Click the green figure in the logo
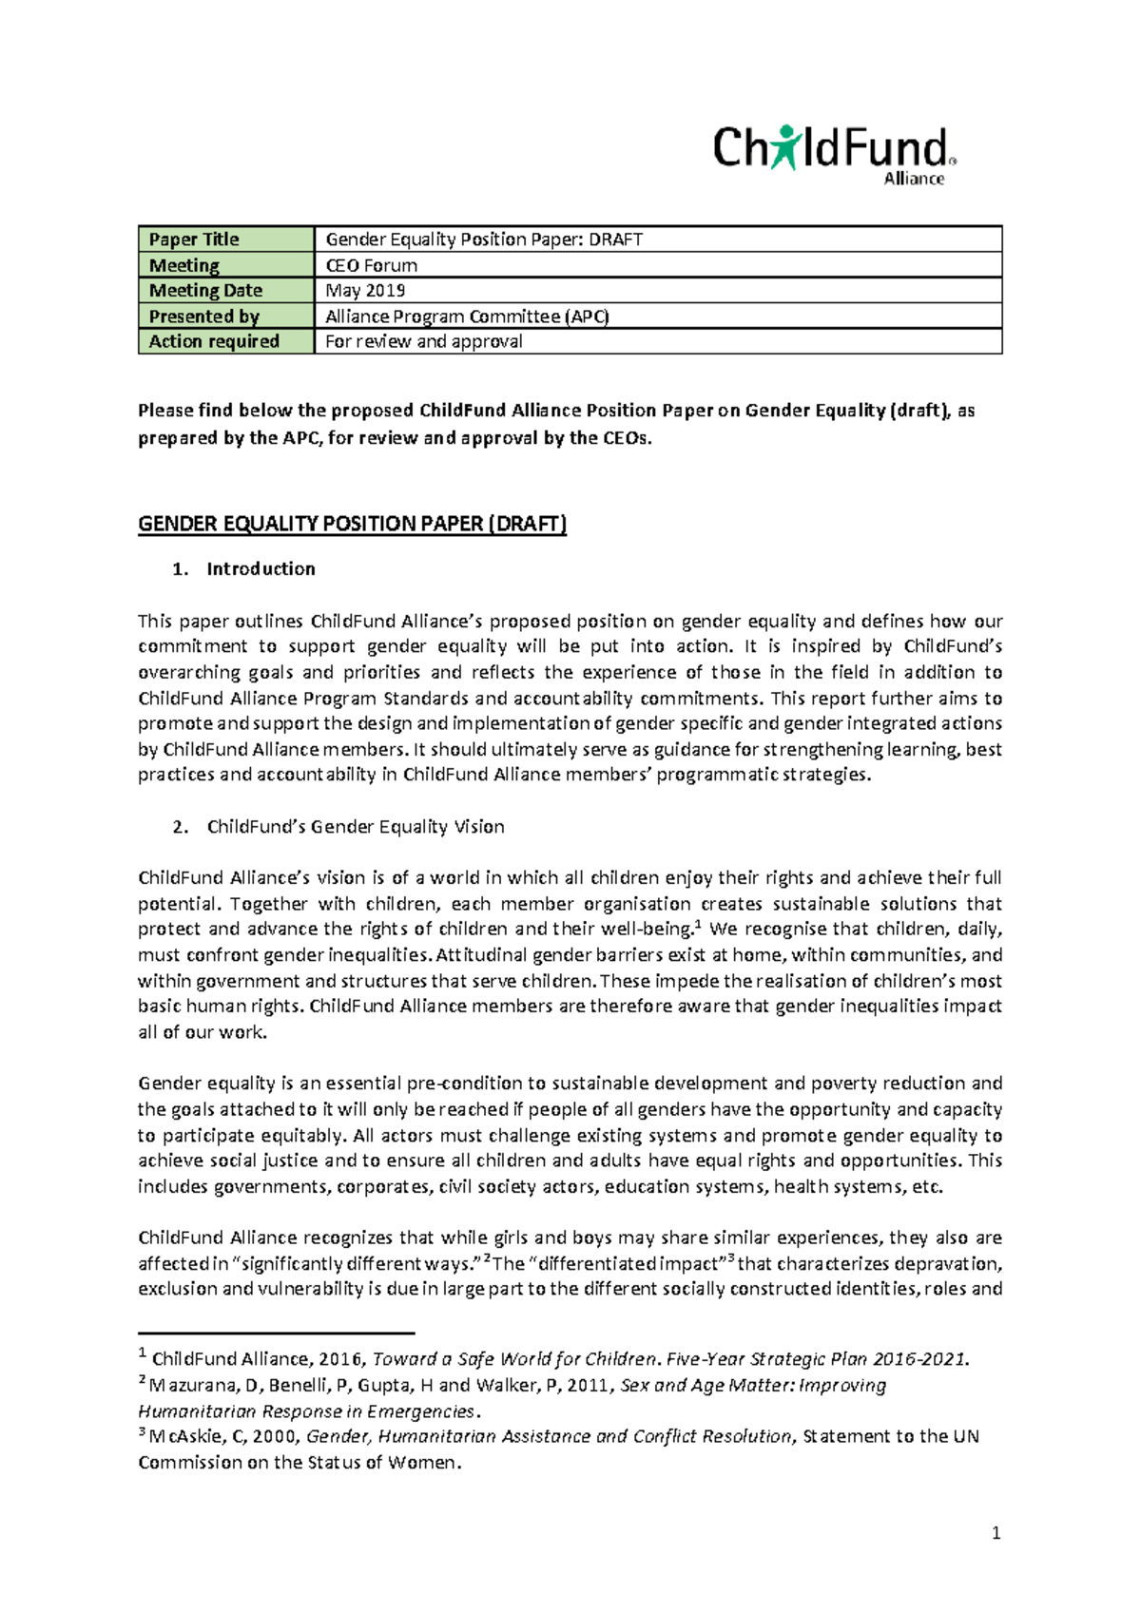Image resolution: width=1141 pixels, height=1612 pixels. [785, 146]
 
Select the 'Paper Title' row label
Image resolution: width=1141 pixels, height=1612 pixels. [194, 240]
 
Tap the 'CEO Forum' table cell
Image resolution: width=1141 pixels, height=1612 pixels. [371, 265]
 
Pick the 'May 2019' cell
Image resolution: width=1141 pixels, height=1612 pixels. [365, 291]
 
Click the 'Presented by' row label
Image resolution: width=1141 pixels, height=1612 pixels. [203, 317]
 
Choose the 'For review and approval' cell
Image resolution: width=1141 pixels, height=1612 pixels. [423, 342]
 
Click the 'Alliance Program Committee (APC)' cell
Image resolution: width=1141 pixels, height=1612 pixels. [467, 317]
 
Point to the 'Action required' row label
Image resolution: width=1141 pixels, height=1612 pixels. [214, 342]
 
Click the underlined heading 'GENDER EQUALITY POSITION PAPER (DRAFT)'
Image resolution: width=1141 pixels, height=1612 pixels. [352, 524]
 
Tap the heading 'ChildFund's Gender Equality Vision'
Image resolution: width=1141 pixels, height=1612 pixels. [355, 827]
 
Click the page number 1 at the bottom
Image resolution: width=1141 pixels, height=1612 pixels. [996, 1533]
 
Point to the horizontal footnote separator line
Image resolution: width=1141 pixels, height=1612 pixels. [276, 1334]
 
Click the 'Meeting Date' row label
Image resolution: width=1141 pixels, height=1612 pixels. [205, 291]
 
